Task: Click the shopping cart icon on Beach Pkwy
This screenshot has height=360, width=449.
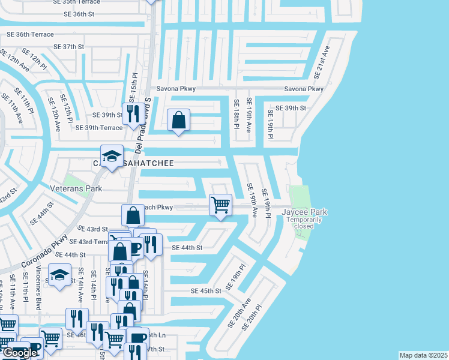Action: pyautogui.click(x=220, y=205)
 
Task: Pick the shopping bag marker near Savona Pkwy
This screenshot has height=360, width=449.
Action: pyautogui.click(x=178, y=119)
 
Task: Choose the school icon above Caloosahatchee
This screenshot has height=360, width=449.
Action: pyautogui.click(x=111, y=156)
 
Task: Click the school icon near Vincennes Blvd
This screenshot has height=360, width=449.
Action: pyautogui.click(x=59, y=275)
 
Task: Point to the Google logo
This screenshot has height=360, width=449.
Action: pyautogui.click(x=20, y=353)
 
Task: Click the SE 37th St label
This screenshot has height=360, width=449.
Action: pyautogui.click(x=69, y=46)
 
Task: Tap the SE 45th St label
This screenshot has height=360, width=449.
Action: pyautogui.click(x=206, y=290)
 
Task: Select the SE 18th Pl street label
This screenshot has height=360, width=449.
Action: pyautogui.click(x=237, y=116)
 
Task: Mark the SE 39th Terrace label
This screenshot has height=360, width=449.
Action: pyautogui.click(x=98, y=127)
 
